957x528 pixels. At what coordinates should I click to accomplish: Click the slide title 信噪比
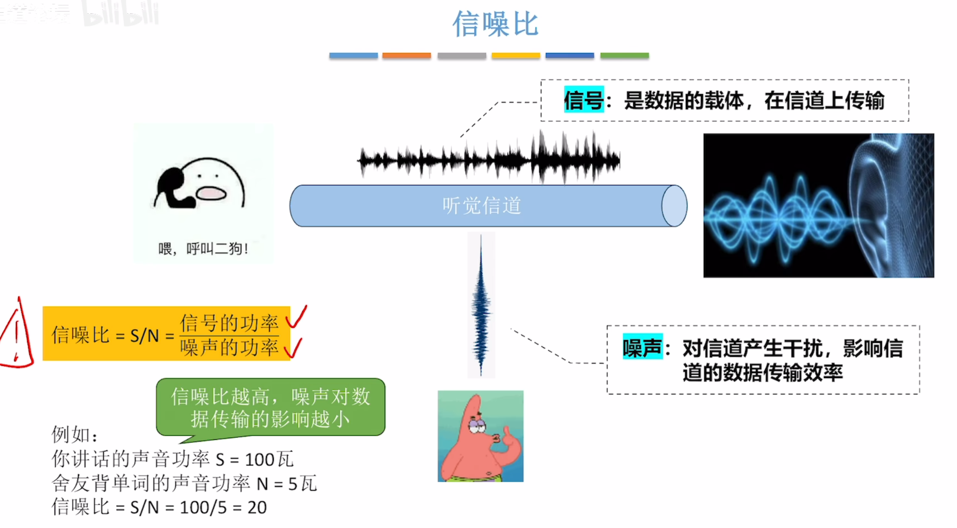click(x=495, y=24)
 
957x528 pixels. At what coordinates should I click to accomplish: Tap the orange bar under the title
click(x=407, y=55)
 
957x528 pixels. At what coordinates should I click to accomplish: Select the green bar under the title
click(x=624, y=55)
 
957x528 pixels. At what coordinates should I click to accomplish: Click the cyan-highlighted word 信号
click(x=584, y=100)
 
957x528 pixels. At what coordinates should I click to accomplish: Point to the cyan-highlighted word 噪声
click(x=642, y=347)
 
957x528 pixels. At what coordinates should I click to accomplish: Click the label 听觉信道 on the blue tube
click(x=482, y=206)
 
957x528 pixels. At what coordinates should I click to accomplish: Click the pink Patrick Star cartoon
click(x=480, y=436)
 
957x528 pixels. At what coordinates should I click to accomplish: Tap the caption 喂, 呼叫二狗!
click(x=203, y=249)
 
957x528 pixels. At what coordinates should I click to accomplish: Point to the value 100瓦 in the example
click(x=269, y=459)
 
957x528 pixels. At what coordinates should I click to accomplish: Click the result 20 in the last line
click(x=257, y=507)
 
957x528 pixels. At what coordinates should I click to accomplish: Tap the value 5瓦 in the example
click(x=302, y=483)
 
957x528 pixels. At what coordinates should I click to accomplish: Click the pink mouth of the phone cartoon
click(x=211, y=193)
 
